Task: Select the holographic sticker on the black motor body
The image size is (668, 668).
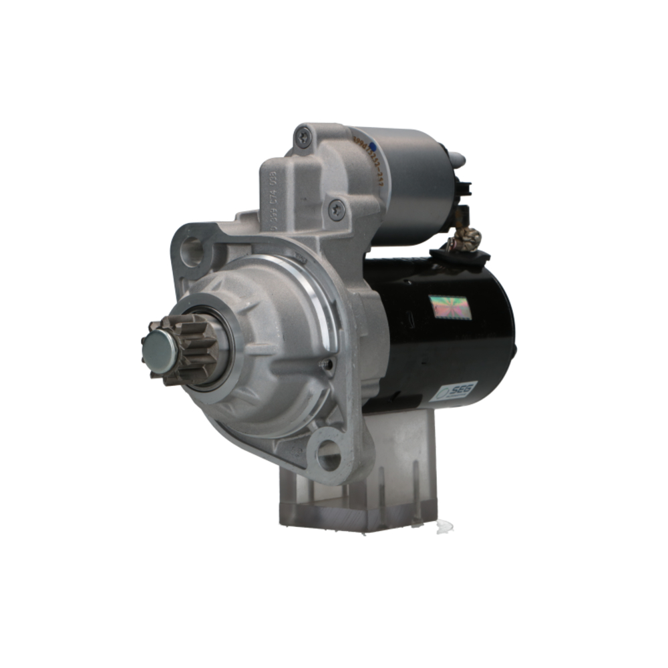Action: tap(449, 307)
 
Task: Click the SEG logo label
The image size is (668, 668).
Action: tap(454, 391)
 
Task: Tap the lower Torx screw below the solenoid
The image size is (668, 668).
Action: tap(337, 211)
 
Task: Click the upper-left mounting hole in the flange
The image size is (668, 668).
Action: tap(192, 251)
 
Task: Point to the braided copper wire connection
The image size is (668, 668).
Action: tap(468, 237)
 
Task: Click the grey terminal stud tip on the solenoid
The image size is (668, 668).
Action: tap(458, 159)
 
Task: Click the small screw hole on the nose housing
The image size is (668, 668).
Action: tap(327, 365)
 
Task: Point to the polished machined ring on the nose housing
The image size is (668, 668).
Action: tap(321, 294)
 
